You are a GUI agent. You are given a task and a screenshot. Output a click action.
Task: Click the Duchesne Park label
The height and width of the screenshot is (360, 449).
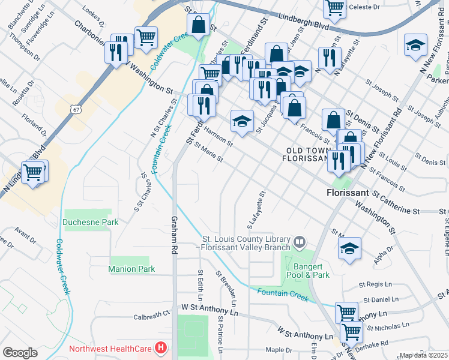[x=91, y=222]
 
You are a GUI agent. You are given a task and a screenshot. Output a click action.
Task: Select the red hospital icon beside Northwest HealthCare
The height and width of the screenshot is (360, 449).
[x=161, y=347]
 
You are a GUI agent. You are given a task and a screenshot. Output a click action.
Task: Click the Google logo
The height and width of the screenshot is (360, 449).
[x=20, y=353]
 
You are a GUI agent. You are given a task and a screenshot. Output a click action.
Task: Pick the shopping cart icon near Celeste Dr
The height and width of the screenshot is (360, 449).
[x=334, y=8]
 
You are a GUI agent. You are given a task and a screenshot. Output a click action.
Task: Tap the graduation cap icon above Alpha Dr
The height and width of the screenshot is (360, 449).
[x=350, y=249]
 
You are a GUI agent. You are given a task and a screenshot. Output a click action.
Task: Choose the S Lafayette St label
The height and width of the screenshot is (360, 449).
[x=256, y=211]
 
